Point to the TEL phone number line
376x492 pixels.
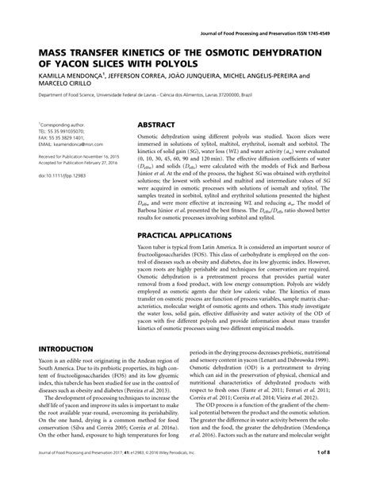click(x=59, y=132)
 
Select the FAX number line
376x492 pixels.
click(x=60, y=138)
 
